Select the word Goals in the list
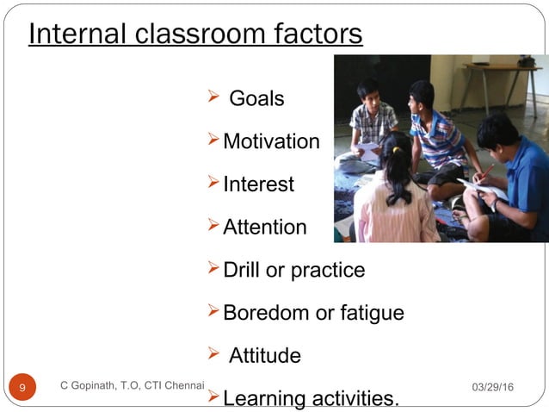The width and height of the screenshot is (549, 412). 256,99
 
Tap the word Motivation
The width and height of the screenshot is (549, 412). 271,141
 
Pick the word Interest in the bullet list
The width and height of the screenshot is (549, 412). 258,184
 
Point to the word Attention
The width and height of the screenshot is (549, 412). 264,228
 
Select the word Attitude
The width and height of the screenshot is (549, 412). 265,356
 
